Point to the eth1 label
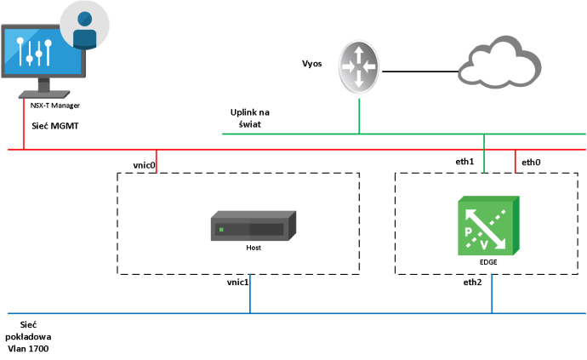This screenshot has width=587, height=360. (466, 161)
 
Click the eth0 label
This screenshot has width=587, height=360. (530, 161)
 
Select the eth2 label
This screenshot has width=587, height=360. (473, 282)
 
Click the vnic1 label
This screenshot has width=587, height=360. (237, 282)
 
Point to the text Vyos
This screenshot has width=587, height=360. (311, 64)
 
